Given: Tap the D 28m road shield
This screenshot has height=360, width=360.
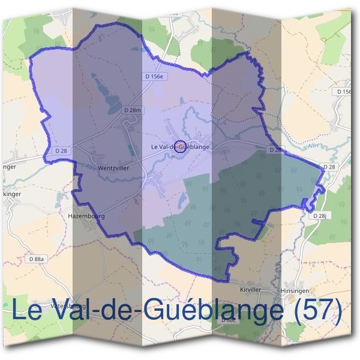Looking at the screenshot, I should (133, 110).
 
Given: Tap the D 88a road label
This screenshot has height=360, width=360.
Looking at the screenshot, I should (37, 259).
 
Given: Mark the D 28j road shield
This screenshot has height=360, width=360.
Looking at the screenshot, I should (322, 215).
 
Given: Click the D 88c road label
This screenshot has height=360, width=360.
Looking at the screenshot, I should (229, 320).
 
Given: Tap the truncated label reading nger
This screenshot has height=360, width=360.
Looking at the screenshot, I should (8, 167).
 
